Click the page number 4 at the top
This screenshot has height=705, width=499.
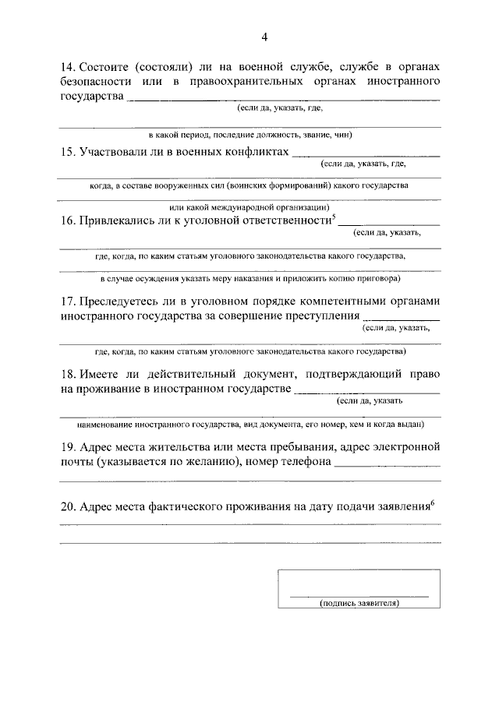(x=264, y=36)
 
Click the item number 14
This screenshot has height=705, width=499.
(x=66, y=65)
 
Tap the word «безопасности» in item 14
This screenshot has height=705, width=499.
(x=94, y=81)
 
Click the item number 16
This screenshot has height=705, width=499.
(x=66, y=220)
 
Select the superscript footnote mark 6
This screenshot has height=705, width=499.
(x=432, y=502)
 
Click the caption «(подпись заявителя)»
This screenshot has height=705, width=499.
(x=359, y=603)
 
